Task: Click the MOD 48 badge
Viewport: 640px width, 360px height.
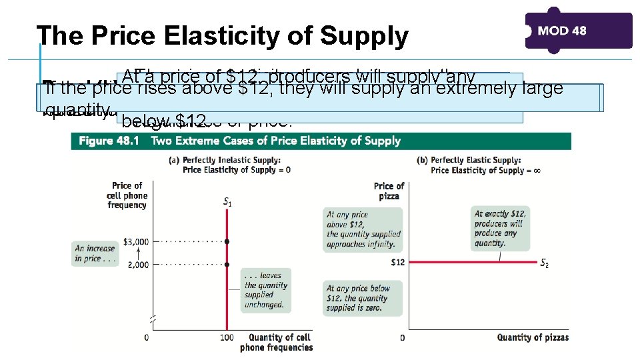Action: pyautogui.click(x=578, y=31)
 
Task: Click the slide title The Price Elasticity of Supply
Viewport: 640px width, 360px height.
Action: pyautogui.click(x=222, y=37)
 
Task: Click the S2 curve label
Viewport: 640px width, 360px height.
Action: pyautogui.click(x=545, y=262)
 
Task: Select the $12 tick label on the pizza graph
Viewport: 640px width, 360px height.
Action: pyautogui.click(x=399, y=262)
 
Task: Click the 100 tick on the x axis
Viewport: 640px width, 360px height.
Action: pyautogui.click(x=227, y=337)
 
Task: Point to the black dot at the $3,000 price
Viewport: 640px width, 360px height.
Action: pyautogui.click(x=227, y=241)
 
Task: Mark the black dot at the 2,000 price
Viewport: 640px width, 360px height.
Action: pyautogui.click(x=227, y=265)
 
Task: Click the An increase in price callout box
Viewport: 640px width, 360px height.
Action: pyautogui.click(x=95, y=253)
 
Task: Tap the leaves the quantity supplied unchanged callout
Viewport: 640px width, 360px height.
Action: pyautogui.click(x=265, y=290)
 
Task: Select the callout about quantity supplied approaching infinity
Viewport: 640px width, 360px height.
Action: pyautogui.click(x=363, y=229)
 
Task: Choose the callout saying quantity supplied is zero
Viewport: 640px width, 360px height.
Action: pyautogui.click(x=363, y=297)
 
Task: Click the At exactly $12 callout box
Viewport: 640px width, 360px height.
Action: pyautogui.click(x=499, y=228)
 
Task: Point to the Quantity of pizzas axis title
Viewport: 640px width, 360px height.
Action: pyautogui.click(x=533, y=337)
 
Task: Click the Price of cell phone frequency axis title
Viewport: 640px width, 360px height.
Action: pyautogui.click(x=127, y=195)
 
